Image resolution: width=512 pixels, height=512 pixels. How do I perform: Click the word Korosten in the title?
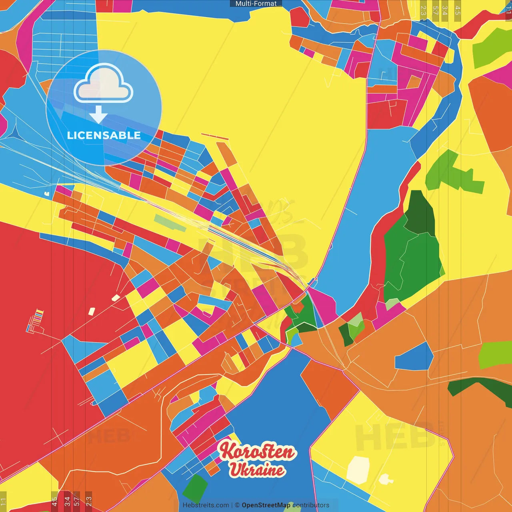[257, 452]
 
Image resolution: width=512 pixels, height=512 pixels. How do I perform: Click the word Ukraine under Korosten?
[257, 470]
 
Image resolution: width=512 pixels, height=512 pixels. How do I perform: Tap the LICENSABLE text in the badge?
[104, 135]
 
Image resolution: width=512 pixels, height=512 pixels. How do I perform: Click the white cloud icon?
[104, 84]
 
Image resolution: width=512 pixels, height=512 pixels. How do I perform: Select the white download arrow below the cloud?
[98, 115]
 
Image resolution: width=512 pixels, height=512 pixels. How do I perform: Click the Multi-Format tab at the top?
[256, 4]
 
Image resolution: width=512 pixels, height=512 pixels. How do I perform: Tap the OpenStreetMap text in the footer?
[266, 505]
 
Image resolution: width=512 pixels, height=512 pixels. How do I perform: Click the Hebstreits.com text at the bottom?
[206, 505]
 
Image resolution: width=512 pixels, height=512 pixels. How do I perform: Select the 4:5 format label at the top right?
[458, 10]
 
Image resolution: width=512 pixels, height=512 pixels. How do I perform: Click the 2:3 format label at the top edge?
[423, 10]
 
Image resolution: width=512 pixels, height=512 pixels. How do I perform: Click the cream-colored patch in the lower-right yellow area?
[358, 470]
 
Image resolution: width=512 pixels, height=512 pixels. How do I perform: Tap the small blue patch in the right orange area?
[414, 357]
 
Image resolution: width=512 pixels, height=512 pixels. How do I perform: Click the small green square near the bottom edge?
[195, 488]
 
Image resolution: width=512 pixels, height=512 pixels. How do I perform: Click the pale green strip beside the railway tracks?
[170, 223]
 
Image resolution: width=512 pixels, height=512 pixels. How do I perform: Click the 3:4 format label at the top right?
[444, 10]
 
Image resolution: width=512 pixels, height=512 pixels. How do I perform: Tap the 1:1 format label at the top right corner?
[508, 10]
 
